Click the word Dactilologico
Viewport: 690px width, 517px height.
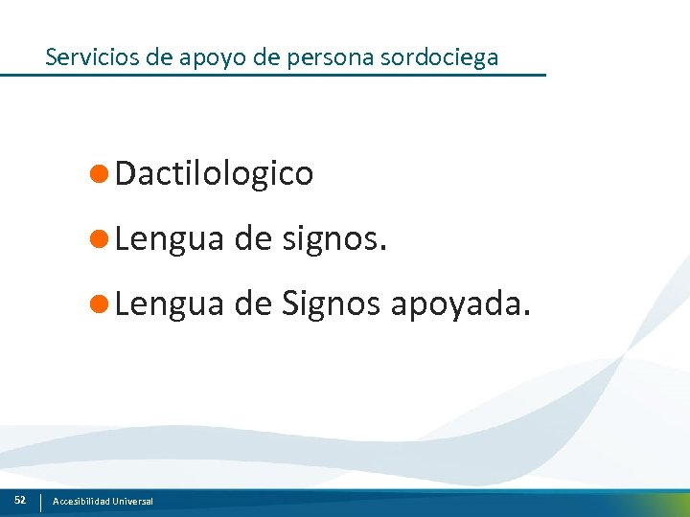click(x=214, y=173)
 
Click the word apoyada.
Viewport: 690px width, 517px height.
click(x=459, y=304)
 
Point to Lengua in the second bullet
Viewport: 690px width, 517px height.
click(x=169, y=239)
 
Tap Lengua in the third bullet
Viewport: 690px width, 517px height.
click(x=169, y=304)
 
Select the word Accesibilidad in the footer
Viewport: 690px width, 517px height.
click(x=80, y=502)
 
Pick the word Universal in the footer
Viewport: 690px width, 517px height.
click(x=131, y=502)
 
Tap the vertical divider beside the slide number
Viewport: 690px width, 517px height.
click(x=40, y=502)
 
